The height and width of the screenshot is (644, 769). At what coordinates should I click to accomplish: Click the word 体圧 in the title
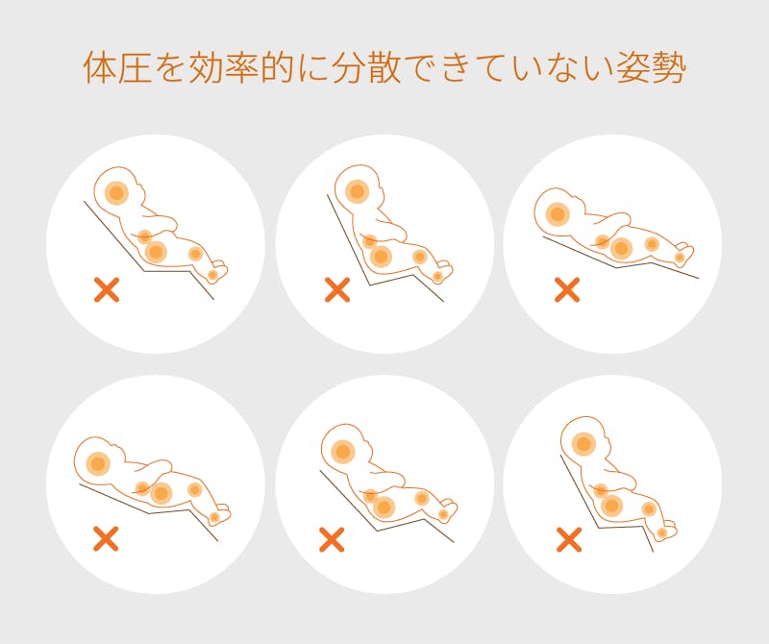(117, 67)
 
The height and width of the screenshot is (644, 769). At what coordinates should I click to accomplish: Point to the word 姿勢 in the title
(651, 67)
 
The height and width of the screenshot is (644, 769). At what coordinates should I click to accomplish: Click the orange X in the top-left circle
(107, 289)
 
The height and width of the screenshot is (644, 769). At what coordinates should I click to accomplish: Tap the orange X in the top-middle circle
(337, 289)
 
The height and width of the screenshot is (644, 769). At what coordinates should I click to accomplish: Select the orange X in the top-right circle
(567, 289)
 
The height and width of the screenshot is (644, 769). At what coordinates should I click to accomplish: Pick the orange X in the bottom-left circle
(106, 538)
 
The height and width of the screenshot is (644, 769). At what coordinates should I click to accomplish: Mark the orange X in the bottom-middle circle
(332, 539)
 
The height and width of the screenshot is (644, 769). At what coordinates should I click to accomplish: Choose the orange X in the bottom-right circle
(569, 539)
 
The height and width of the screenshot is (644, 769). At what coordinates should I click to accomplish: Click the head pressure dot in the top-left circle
(116, 192)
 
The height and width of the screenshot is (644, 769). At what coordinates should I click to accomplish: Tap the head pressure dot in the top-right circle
(558, 214)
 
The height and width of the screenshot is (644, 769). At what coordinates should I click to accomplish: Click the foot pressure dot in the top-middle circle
(437, 277)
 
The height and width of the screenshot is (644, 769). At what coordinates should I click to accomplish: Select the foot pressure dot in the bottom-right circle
(661, 533)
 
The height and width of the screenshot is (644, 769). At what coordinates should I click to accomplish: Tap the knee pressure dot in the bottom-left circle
(195, 489)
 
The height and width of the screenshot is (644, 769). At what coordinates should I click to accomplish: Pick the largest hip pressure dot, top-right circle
(621, 248)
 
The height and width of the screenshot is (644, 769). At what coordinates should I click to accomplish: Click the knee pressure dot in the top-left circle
(195, 254)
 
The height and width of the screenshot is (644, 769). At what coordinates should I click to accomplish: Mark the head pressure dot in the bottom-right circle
(584, 444)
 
